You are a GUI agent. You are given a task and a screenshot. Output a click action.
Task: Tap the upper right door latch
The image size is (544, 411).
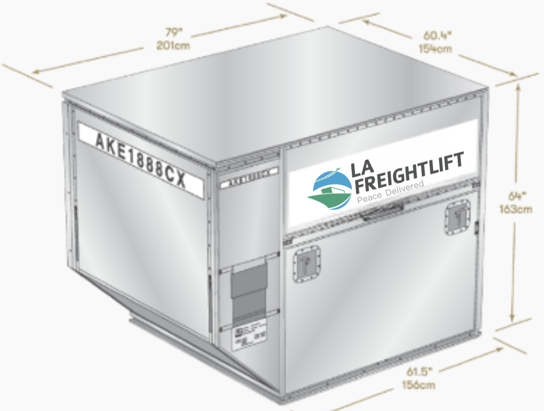coord(456,217)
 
